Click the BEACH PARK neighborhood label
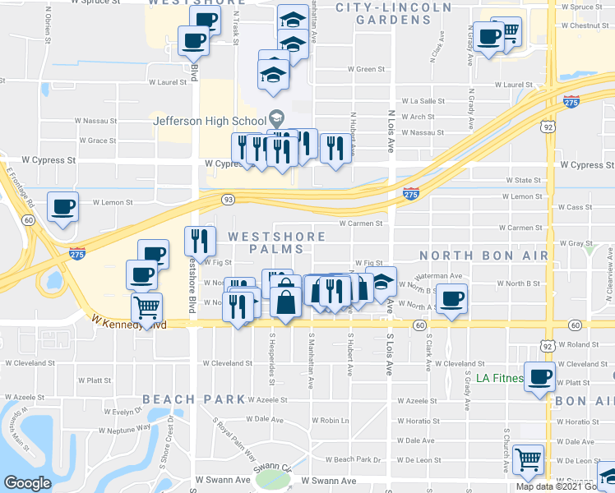(x=194, y=399)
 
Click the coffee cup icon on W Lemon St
(x=62, y=207)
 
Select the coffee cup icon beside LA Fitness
(x=540, y=378)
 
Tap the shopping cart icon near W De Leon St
(x=527, y=458)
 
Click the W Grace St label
(x=97, y=141)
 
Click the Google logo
(x=27, y=483)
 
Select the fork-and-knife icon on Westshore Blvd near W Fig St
(x=201, y=241)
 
